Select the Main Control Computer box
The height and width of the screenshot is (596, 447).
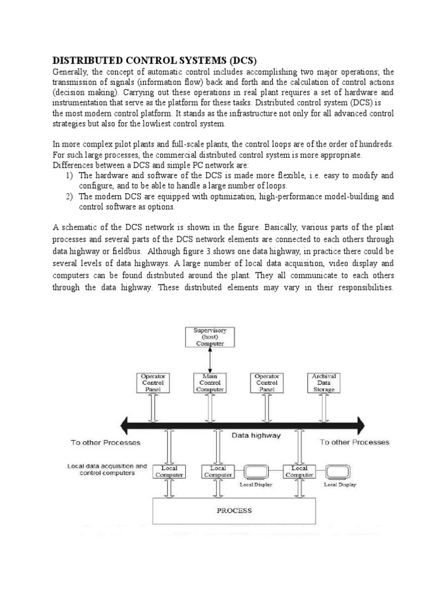(x=210, y=383)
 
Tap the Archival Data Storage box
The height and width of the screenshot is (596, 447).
(x=324, y=383)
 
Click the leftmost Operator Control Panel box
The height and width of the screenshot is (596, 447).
(x=154, y=383)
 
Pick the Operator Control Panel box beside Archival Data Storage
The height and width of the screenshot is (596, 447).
(x=267, y=383)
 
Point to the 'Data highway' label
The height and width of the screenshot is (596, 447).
(x=256, y=435)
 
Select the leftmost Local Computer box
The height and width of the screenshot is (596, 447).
(x=169, y=471)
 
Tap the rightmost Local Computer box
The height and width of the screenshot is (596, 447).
(x=299, y=471)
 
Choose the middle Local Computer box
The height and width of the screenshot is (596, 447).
(x=218, y=471)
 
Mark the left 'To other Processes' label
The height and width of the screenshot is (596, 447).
(x=105, y=442)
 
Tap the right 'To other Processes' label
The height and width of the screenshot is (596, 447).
(x=355, y=442)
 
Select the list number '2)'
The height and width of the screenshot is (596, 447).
(x=69, y=197)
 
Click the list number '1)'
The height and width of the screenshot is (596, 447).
(x=69, y=175)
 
